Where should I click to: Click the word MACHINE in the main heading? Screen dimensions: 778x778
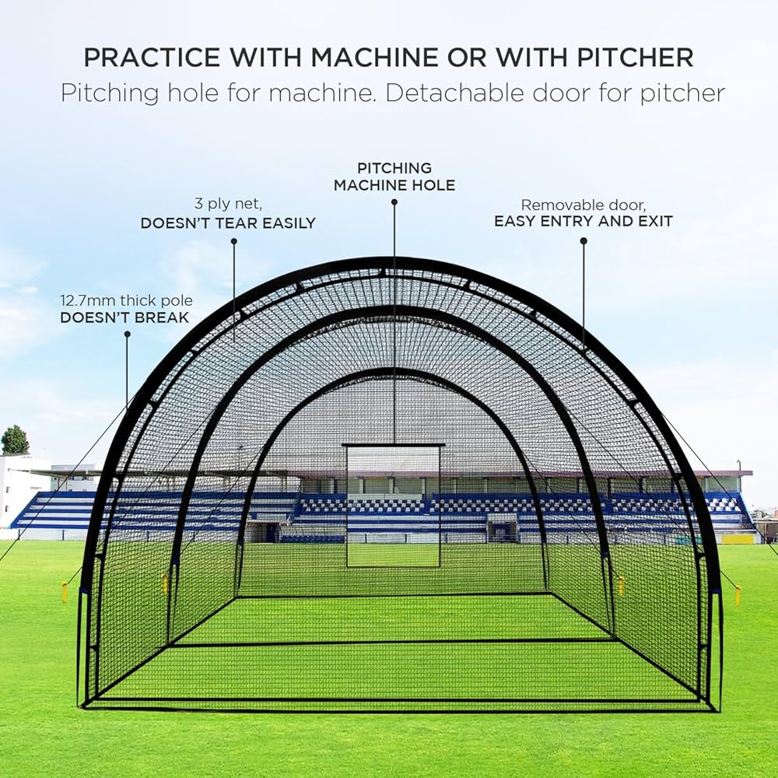(x=375, y=58)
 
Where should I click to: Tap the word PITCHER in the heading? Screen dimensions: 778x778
(x=635, y=58)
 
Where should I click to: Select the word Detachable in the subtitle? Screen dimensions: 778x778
(x=455, y=93)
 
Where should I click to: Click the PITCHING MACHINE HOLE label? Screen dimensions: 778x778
(x=394, y=177)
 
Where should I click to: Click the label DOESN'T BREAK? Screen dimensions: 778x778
(x=124, y=317)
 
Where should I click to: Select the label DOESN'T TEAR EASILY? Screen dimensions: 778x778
(x=228, y=223)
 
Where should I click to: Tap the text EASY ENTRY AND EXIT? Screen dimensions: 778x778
(x=583, y=221)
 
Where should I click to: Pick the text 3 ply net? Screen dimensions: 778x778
(x=228, y=204)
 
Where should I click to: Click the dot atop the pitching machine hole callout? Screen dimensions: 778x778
(x=394, y=202)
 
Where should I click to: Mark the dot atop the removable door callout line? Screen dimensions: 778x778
(x=583, y=240)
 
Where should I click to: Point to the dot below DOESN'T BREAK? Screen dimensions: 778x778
(x=128, y=335)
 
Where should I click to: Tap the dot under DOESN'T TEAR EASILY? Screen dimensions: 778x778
(x=233, y=241)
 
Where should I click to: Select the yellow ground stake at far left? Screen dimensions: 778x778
(x=64, y=592)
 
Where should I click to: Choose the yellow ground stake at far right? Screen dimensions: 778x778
(x=738, y=595)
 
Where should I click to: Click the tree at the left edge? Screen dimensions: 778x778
(x=14, y=440)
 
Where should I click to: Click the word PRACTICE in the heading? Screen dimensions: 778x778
(x=152, y=58)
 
